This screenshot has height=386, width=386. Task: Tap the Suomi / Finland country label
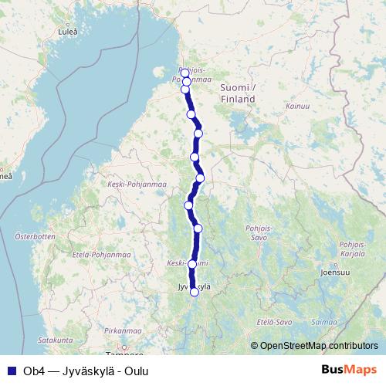(238, 93)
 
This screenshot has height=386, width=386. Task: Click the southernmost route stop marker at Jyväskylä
(195, 292)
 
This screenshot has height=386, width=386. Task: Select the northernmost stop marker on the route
(185, 73)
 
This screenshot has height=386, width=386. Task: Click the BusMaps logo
(349, 371)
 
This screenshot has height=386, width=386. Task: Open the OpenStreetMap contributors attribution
(318, 346)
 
